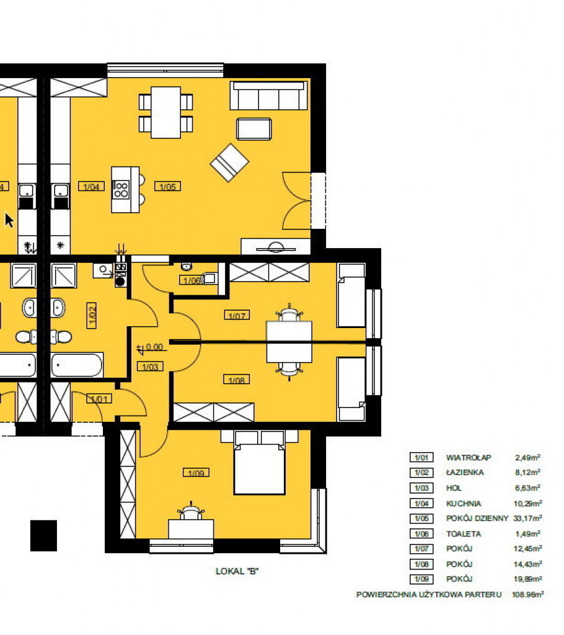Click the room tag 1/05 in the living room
tap(167, 186)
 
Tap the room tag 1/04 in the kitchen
tap(91, 186)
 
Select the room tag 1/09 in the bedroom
tap(196, 473)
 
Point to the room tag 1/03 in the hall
tap(150, 367)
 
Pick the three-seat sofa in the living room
tap(268, 95)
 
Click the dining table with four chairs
tap(165, 113)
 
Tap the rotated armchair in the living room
tap(229, 163)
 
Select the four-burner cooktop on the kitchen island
tap(121, 190)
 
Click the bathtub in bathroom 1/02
tap(77, 365)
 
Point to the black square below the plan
tap(44, 535)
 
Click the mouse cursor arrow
tap(9, 220)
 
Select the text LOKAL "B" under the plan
tap(237, 571)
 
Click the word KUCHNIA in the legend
tap(464, 504)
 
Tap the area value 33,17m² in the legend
tap(528, 518)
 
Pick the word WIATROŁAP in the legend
tap(469, 458)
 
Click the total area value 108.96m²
tap(528, 595)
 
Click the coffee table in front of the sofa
tap(254, 129)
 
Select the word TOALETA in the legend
tap(464, 534)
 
